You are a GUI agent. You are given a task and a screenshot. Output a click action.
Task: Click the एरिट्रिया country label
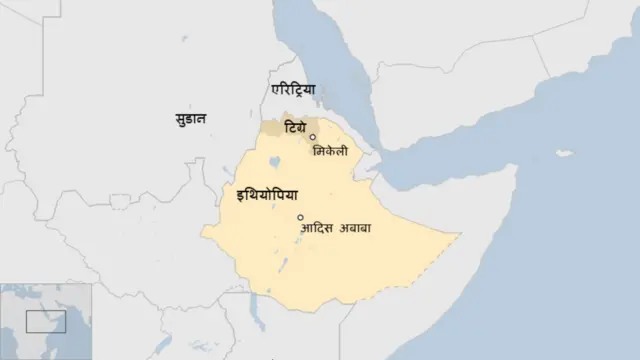293,90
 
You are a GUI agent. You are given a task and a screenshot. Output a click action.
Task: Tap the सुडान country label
187,119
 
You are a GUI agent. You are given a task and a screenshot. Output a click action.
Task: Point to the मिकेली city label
331,151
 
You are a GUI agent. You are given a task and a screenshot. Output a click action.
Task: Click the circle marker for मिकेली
313,137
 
